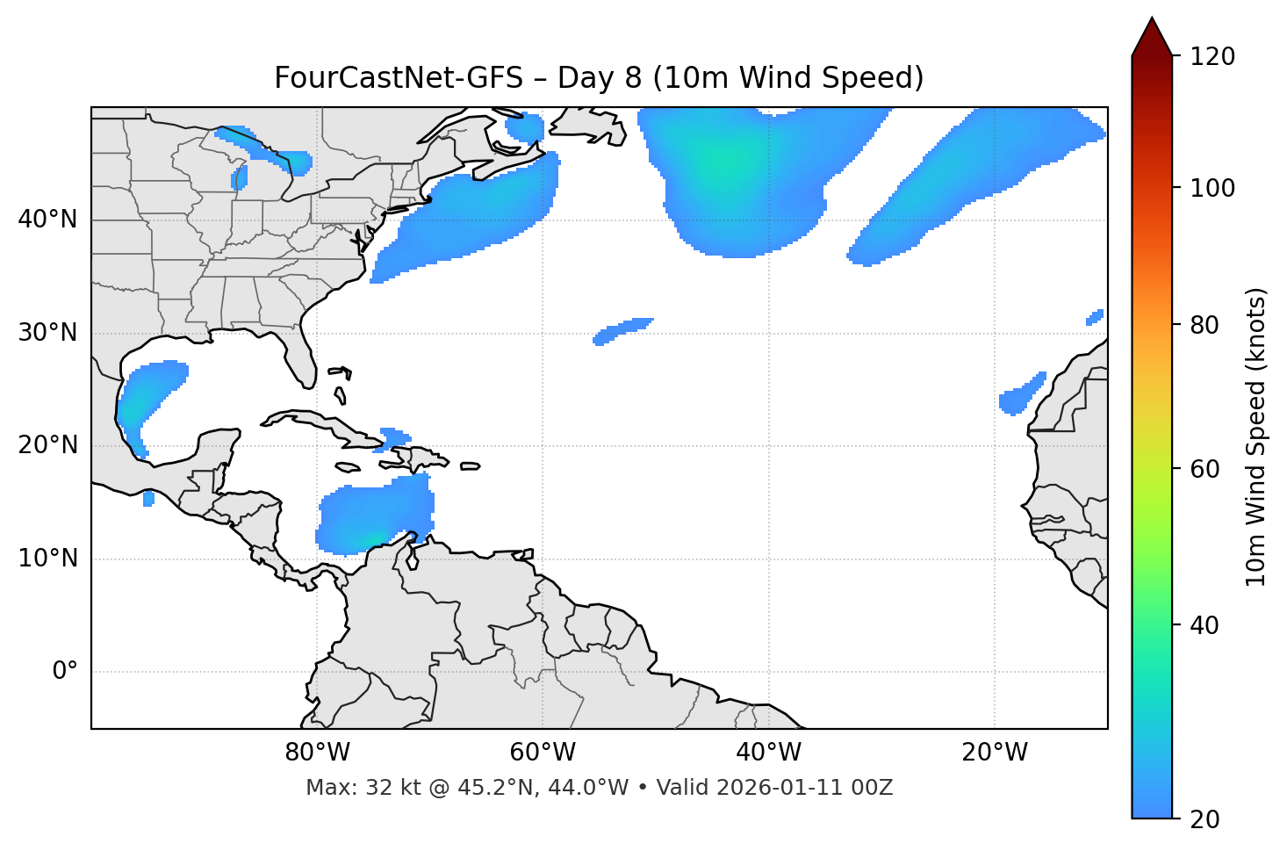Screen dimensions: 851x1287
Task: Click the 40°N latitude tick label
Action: [x=47, y=220]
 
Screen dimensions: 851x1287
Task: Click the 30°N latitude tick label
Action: [x=47, y=333]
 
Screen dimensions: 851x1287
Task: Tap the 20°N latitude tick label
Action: [x=47, y=445]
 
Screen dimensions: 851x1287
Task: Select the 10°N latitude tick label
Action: [x=47, y=559]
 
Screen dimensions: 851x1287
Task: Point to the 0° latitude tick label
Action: [x=65, y=672]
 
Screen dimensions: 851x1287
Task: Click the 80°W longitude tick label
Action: [x=317, y=753]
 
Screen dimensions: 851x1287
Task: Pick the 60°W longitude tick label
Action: [x=543, y=753]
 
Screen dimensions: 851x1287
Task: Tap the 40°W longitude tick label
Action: [x=769, y=753]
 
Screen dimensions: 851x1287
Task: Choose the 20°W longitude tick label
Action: [x=995, y=753]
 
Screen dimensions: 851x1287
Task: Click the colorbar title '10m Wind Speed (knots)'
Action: [x=1256, y=437]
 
